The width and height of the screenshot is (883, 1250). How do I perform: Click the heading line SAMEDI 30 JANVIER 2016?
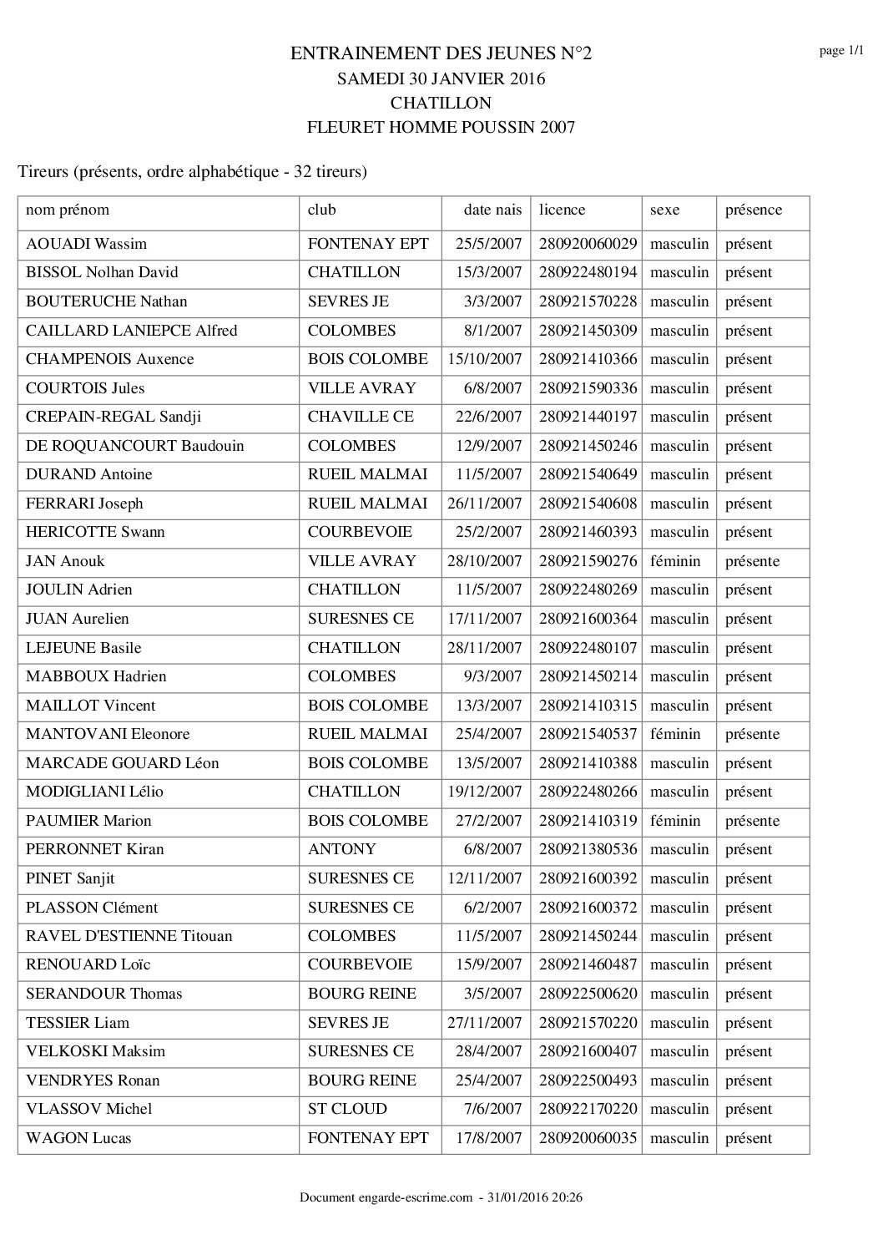441,79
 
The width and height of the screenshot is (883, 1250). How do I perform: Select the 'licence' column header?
562,210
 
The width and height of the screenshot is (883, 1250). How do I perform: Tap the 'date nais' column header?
492,210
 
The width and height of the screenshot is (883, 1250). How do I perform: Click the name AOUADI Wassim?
86,244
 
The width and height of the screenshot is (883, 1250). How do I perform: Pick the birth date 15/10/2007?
484,359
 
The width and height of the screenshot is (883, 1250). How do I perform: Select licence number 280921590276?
588,561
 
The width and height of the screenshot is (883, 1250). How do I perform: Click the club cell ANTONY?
341,849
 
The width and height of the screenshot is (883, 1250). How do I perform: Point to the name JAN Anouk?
65,561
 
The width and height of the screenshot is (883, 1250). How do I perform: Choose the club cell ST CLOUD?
347,1109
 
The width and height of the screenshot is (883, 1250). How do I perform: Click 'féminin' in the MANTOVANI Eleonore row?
675,734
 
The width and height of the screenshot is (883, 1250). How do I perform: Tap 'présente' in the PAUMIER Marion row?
752,821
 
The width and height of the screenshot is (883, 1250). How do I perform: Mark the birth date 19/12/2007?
484,792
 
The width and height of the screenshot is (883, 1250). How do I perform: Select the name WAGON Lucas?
78,1138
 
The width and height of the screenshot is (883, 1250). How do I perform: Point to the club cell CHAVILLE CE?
361,417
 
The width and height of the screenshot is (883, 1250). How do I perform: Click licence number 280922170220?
588,1109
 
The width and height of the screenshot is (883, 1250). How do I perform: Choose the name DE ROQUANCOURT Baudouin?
135,446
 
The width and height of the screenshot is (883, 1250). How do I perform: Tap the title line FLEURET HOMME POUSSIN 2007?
441,128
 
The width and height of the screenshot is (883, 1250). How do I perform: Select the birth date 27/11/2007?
484,1023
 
